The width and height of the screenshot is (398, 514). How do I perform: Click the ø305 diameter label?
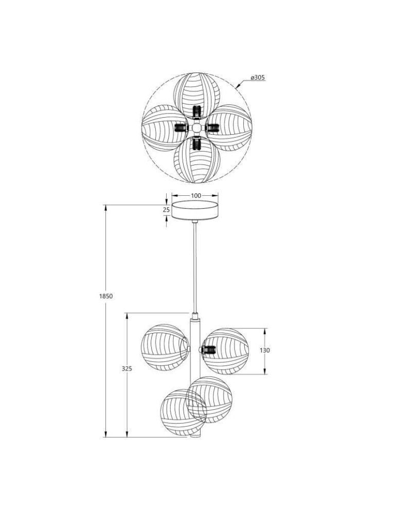pos(257,78)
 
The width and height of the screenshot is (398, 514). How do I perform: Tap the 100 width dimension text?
pos(195,196)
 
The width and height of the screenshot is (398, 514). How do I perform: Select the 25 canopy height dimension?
pos(166,210)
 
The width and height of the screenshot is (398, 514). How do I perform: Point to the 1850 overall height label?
pos(106,296)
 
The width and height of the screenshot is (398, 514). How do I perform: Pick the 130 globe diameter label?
pos(265,350)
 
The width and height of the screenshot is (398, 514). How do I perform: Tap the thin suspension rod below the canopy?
pos(195,267)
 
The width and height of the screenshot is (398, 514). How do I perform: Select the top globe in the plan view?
pos(196,95)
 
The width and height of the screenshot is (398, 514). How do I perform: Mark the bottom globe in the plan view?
pos(196,160)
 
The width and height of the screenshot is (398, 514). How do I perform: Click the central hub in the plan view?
pos(196,127)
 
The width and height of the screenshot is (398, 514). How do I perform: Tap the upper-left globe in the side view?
pos(164,347)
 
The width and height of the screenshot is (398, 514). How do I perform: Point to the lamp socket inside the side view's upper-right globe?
pos(208,351)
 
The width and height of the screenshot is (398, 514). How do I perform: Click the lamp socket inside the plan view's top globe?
pos(196,112)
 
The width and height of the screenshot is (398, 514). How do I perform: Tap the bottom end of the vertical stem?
pos(195,436)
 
